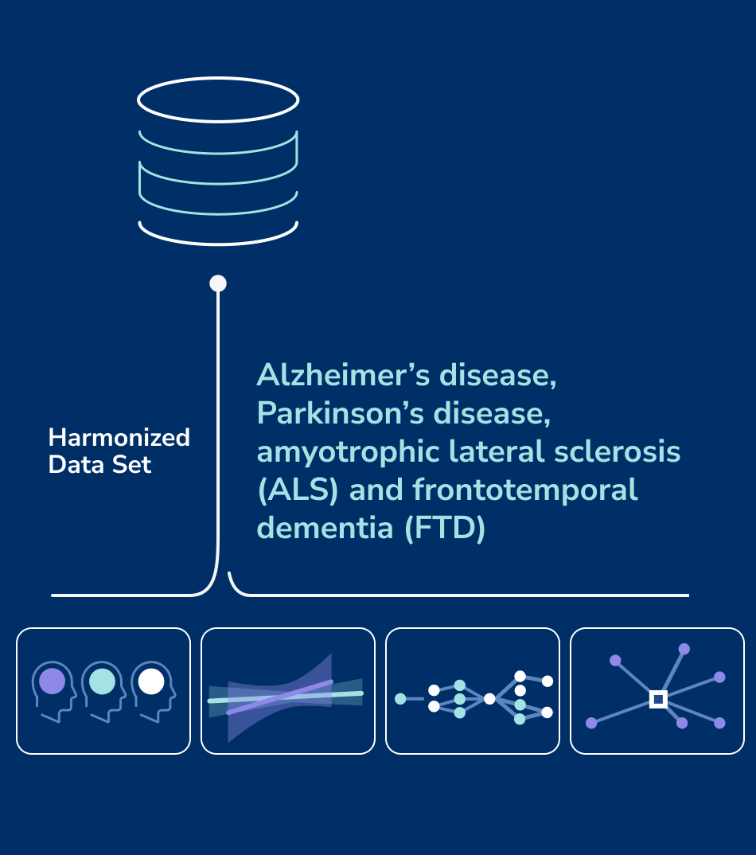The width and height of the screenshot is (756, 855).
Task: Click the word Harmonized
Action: (x=119, y=438)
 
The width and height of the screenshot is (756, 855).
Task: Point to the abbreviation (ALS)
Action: (x=298, y=490)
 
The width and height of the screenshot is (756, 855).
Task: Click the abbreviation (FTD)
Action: (x=445, y=529)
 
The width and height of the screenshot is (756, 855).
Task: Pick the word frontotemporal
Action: (x=525, y=490)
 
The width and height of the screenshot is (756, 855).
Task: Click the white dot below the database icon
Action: (x=218, y=283)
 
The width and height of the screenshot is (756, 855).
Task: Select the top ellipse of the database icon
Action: (x=218, y=100)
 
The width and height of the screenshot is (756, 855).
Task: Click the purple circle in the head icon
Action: (x=53, y=681)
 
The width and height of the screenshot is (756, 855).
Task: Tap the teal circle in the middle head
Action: (x=102, y=681)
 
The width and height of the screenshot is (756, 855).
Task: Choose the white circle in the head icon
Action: (x=151, y=681)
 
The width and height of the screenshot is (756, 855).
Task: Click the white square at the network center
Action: (x=658, y=699)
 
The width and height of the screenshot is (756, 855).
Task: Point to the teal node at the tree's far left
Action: (x=400, y=699)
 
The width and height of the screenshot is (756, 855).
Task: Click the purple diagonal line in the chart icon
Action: (x=279, y=697)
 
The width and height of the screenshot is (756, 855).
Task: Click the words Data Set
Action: (x=99, y=465)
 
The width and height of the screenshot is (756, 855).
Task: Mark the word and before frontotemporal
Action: (x=377, y=490)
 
